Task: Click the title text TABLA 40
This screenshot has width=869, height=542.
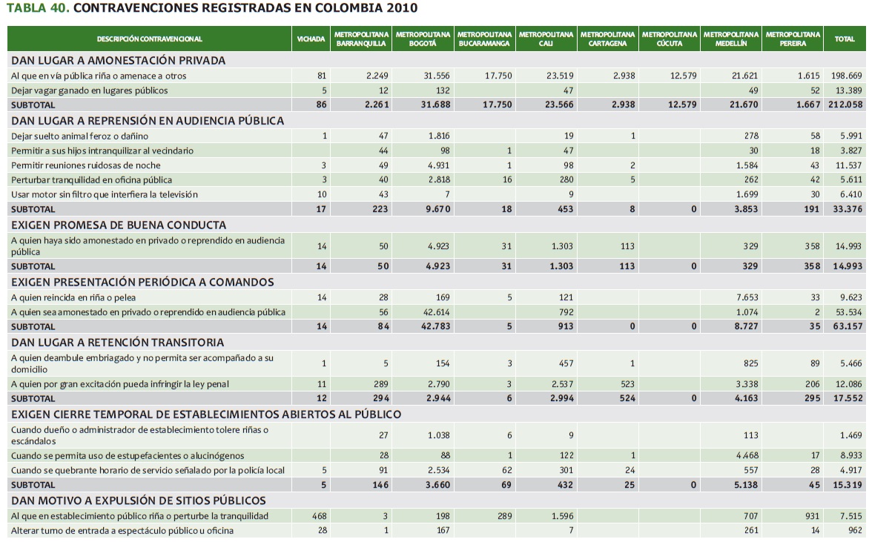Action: (x=38, y=9)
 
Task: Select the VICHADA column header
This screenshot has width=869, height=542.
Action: (x=311, y=39)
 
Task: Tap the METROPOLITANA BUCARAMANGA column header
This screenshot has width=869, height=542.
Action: (x=484, y=39)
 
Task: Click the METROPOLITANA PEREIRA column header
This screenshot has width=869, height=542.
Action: (x=793, y=39)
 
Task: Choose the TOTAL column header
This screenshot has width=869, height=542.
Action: (x=845, y=39)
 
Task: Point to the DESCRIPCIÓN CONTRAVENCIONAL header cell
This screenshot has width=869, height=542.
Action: (x=149, y=39)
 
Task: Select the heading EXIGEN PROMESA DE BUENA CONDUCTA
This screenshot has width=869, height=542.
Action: (x=119, y=225)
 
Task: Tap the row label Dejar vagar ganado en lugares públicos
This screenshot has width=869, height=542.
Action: (x=89, y=90)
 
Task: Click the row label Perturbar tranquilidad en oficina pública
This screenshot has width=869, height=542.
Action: (x=91, y=179)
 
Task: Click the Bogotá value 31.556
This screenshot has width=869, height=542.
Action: (x=437, y=76)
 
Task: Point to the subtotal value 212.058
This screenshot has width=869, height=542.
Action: (x=845, y=105)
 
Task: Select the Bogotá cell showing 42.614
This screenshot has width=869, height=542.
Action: (x=437, y=311)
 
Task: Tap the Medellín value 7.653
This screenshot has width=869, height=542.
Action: (x=745, y=297)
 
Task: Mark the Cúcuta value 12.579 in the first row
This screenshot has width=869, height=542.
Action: (x=683, y=76)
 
